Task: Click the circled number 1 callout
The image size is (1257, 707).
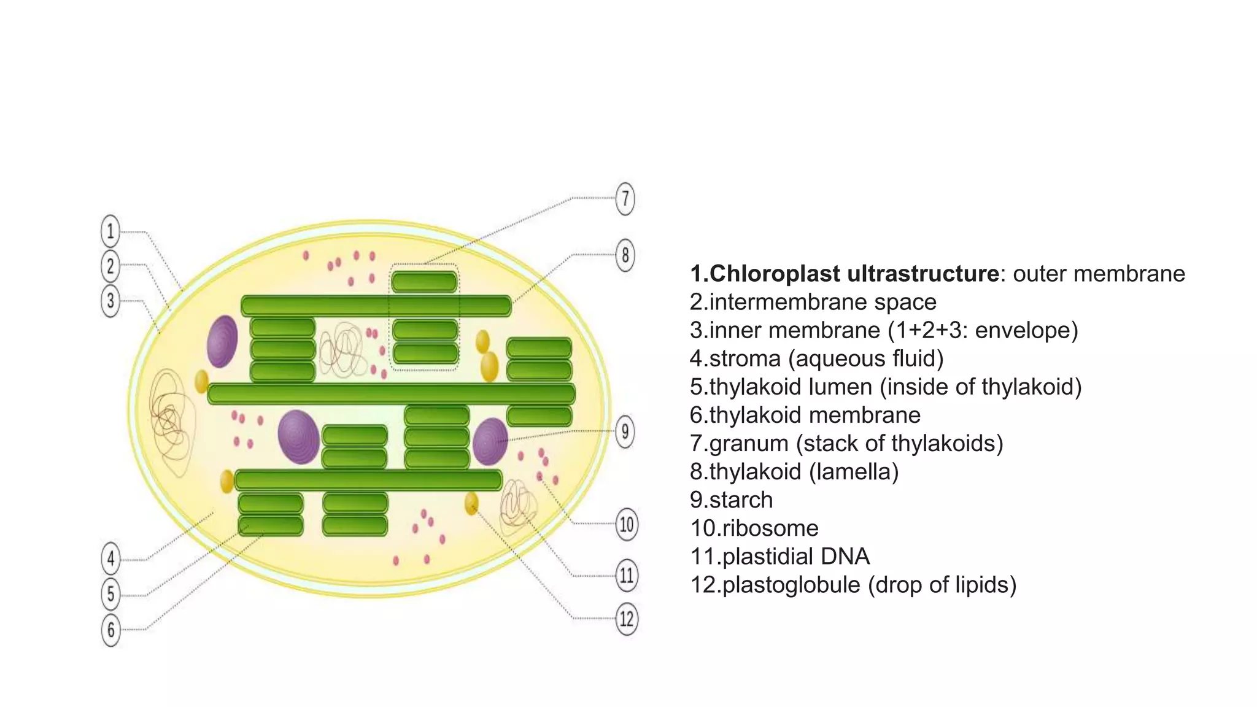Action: [x=110, y=231]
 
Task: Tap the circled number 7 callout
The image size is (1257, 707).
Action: [x=625, y=198]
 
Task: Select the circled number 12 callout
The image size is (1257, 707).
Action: [x=626, y=618]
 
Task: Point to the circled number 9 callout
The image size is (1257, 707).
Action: [x=625, y=431]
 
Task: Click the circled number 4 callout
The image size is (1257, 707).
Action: [x=110, y=559]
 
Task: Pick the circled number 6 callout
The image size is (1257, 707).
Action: [x=110, y=630]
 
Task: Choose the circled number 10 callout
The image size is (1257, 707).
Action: [x=626, y=524]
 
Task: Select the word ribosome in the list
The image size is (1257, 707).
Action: [x=770, y=528]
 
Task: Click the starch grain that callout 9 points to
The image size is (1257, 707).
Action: [x=490, y=440]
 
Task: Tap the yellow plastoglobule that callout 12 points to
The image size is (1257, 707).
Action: [x=471, y=503]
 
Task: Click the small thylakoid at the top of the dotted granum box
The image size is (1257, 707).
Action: [x=424, y=282]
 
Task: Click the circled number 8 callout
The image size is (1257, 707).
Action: [x=625, y=255]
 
